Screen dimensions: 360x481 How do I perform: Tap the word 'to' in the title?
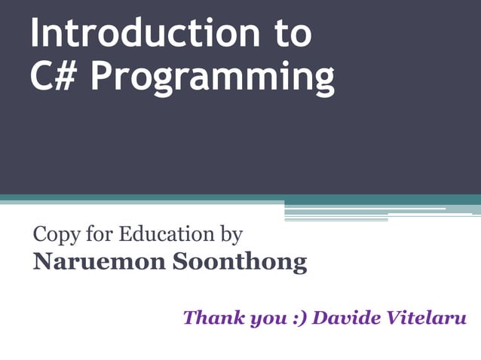(x=290, y=35)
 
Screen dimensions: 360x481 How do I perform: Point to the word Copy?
(x=55, y=236)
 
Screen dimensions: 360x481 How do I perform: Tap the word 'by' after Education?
(x=230, y=236)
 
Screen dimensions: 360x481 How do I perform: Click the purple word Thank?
(x=210, y=317)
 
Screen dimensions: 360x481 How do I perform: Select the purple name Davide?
(x=345, y=317)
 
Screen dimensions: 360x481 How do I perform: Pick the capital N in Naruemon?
(x=43, y=261)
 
